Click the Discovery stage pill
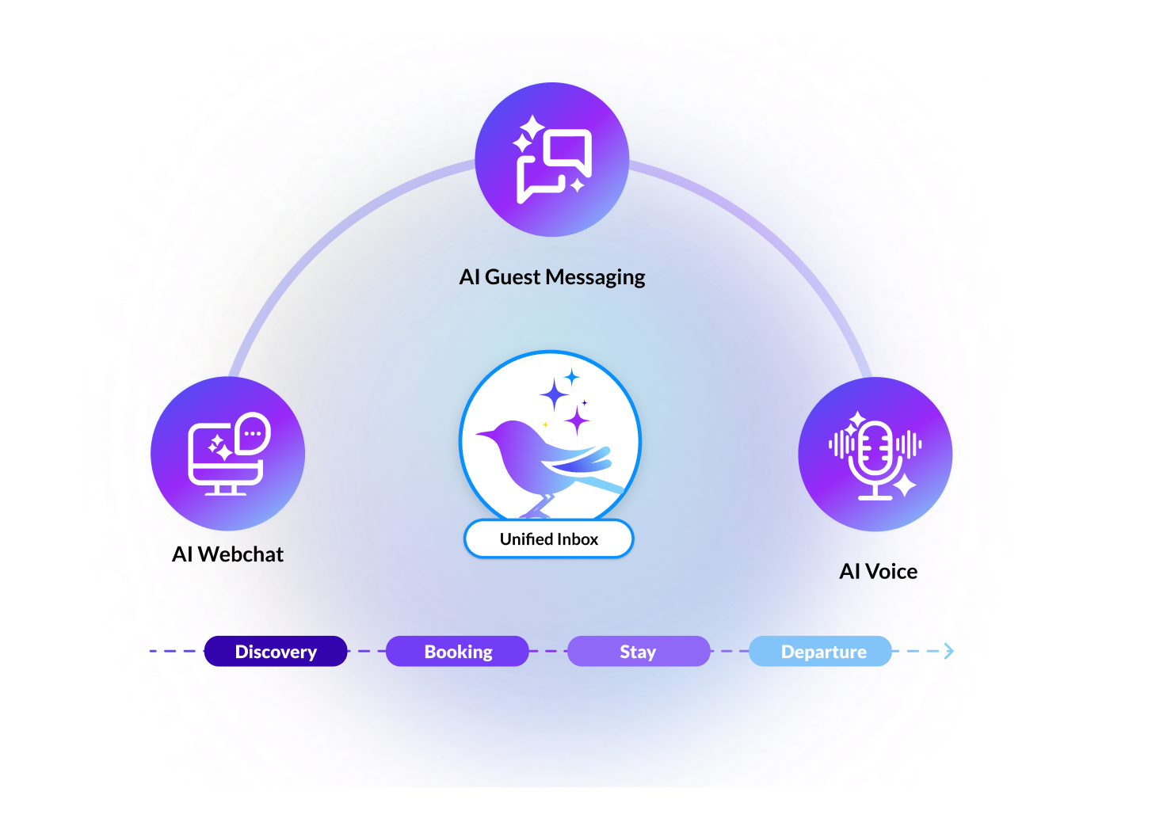[276, 651]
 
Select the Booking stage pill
[457, 651]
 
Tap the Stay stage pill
[639, 651]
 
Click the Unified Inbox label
[548, 539]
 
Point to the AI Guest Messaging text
[552, 277]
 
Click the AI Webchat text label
[227, 554]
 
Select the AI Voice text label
[878, 572]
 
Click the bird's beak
[480, 434]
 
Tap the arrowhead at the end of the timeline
[948, 651]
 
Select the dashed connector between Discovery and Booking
[367, 651]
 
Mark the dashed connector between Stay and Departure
[730, 651]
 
